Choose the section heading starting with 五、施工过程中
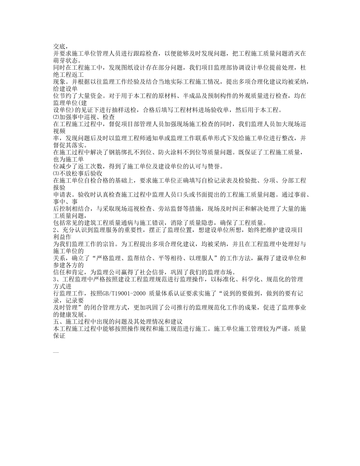[x=118, y=322]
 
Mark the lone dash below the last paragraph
[x=56, y=352]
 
